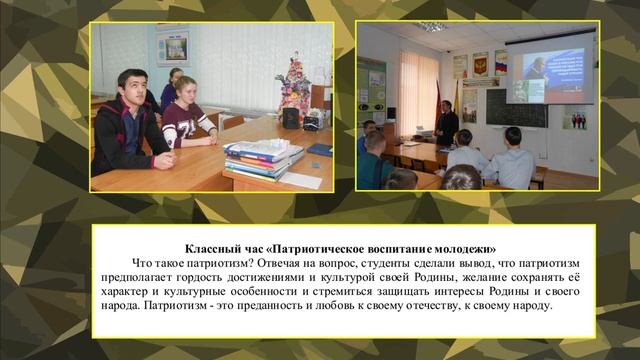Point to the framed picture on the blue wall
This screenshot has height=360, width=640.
[x=172, y=45]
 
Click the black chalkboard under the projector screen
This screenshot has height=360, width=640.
[x=517, y=107]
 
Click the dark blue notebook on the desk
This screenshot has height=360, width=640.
[x=319, y=149]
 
